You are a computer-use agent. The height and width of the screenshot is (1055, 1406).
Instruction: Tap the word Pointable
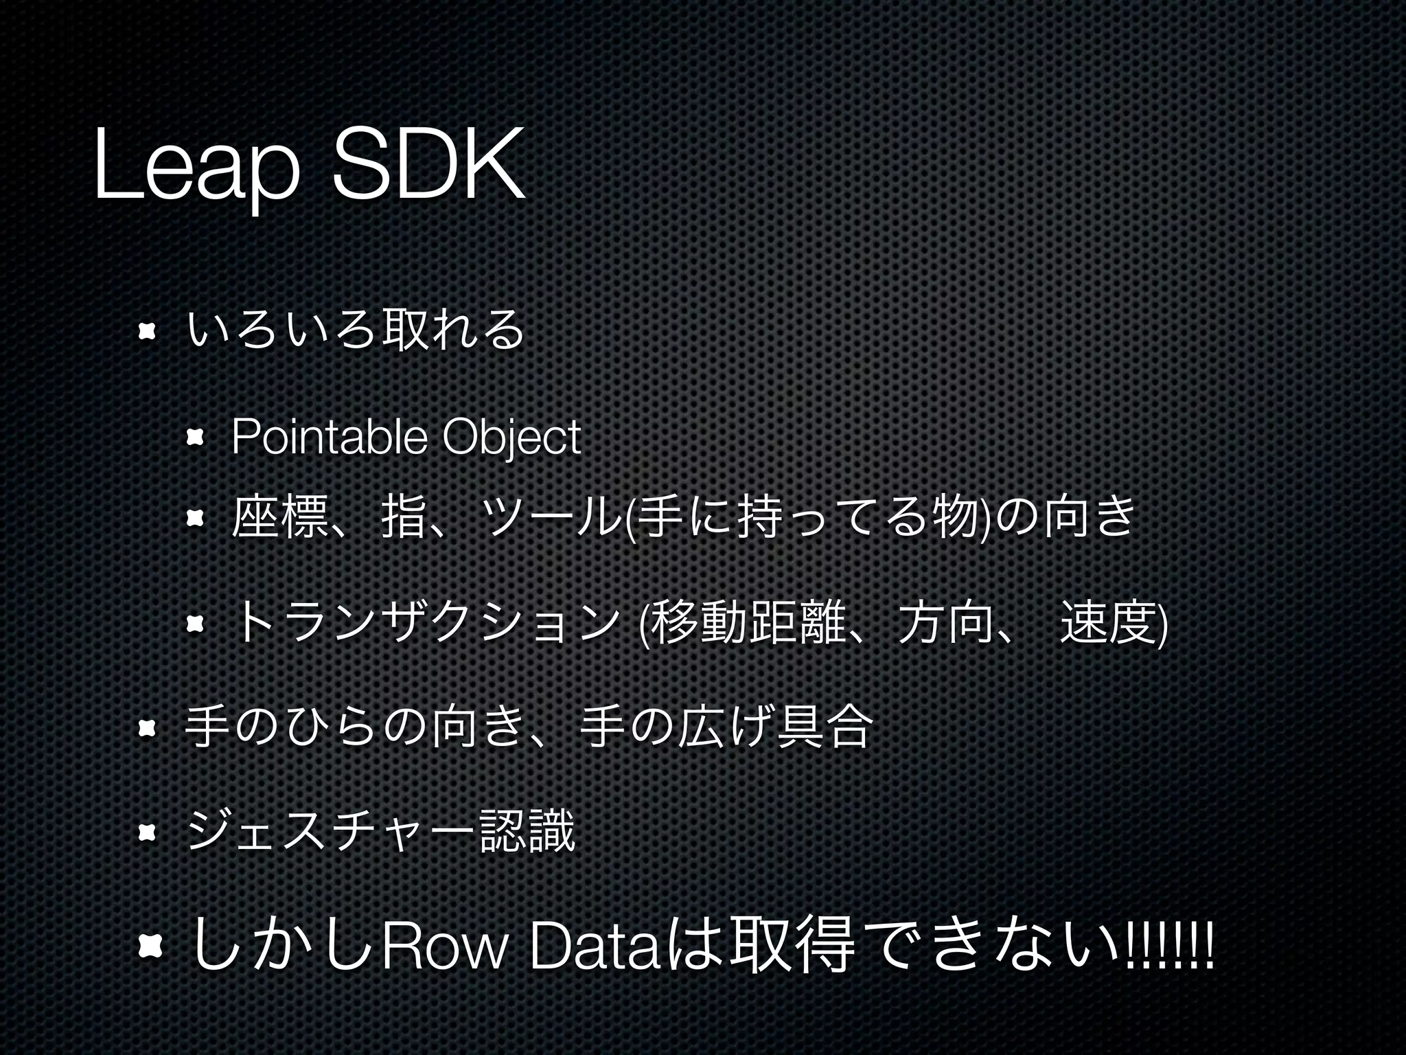[330, 437]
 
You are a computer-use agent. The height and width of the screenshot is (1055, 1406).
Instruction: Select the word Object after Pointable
[511, 437]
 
